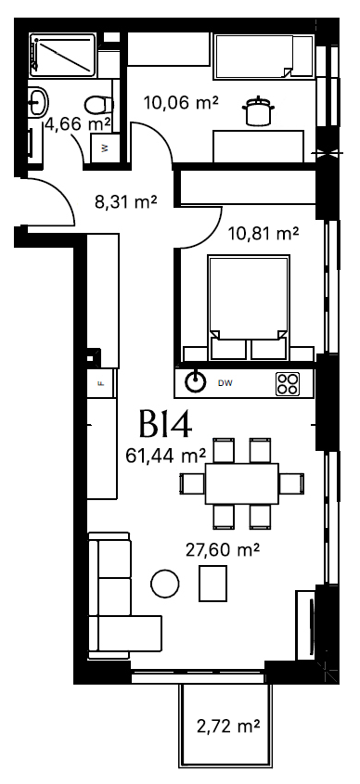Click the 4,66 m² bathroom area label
[x=78, y=123]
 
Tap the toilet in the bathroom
[x=99, y=105]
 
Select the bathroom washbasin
[x=38, y=101]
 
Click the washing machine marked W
[x=105, y=148]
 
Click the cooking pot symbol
[x=258, y=110]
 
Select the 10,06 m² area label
[x=181, y=103]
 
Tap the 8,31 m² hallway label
[x=126, y=202]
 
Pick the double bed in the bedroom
[x=249, y=307]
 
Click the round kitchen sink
[x=196, y=383]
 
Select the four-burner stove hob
[x=288, y=384]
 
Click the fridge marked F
[x=101, y=383]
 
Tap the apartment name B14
[x=165, y=425]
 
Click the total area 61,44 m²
[x=165, y=456]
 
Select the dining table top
[x=242, y=483]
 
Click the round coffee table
[x=165, y=584]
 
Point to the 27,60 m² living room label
[x=223, y=550]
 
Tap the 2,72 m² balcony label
[x=228, y=726]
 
